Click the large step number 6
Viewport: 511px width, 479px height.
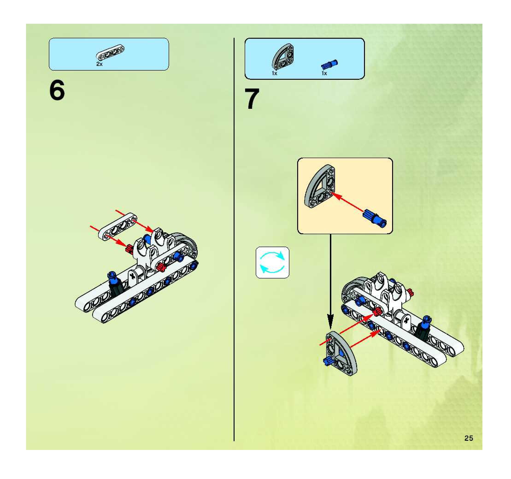tap(57, 90)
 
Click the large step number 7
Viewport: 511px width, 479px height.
tap(252, 99)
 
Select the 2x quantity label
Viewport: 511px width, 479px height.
tap(100, 64)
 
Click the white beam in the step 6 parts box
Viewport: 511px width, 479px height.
tap(110, 53)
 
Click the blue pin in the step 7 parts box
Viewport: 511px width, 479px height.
tap(329, 64)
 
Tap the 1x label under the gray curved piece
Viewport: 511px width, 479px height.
tap(275, 73)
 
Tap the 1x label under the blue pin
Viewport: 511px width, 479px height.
tap(324, 73)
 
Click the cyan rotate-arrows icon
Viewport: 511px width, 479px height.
tap(273, 262)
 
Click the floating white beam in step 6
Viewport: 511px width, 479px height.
tap(118, 227)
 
